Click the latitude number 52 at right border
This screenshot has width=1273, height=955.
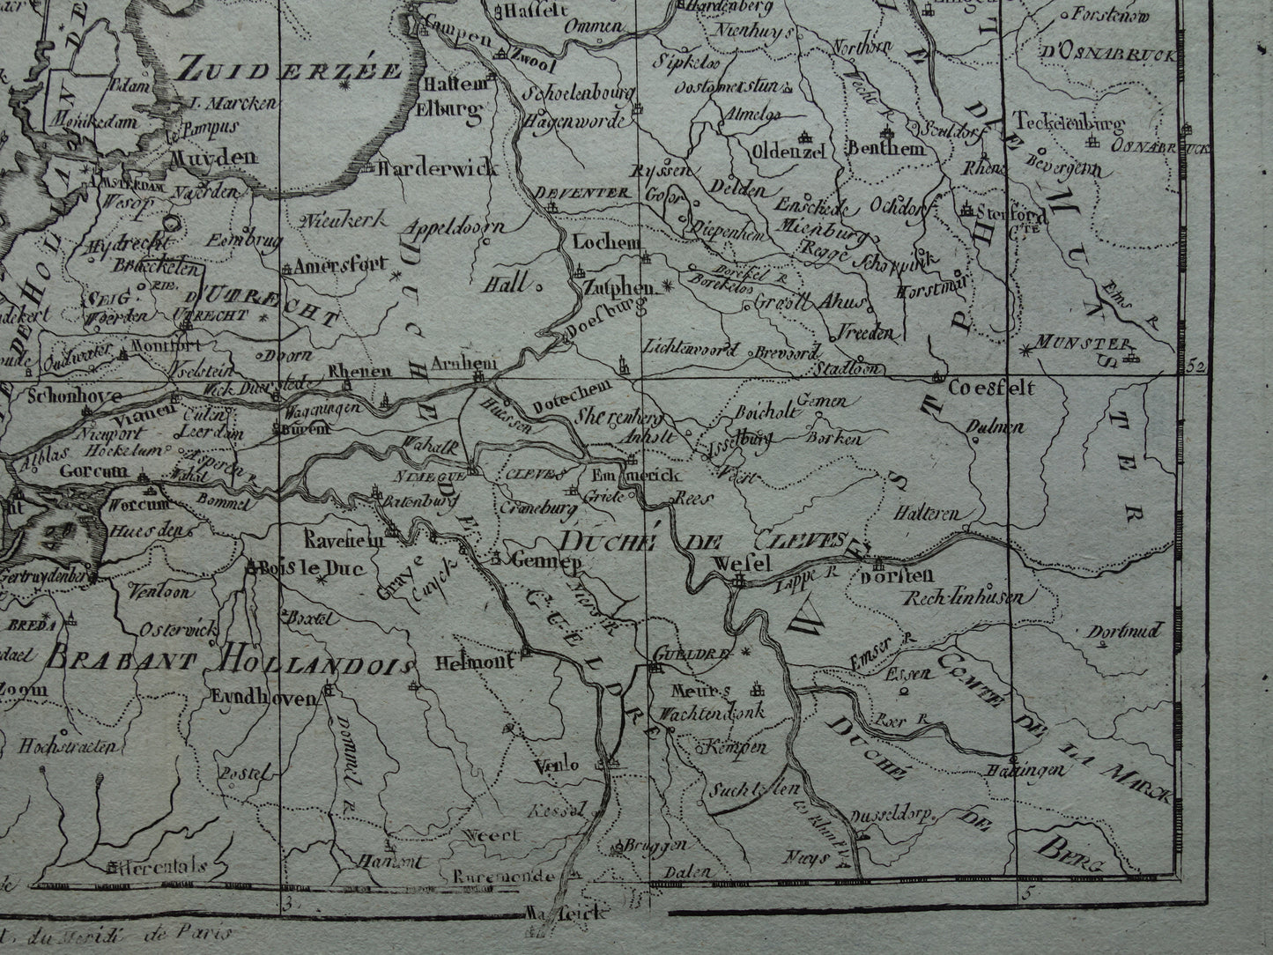coord(1195,365)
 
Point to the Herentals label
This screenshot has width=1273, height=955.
coord(164,866)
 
